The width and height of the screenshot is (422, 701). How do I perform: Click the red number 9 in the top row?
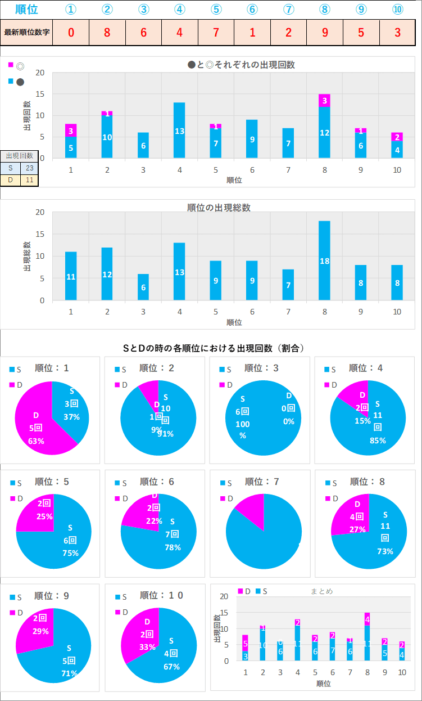325,32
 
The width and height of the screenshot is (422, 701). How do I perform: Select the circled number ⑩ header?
397,10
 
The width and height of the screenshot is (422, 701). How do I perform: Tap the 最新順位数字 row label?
27,32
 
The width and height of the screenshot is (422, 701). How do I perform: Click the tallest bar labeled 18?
324,260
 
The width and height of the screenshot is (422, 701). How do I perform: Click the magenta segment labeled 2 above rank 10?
397,137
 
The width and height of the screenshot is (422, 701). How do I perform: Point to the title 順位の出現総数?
219,208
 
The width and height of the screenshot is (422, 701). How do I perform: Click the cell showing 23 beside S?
29,168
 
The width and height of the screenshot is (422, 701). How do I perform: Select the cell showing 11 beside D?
29,180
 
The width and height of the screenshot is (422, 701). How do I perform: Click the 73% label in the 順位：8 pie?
385,551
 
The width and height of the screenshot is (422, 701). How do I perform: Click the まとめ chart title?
322,591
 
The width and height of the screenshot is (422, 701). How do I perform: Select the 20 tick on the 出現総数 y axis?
40,212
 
